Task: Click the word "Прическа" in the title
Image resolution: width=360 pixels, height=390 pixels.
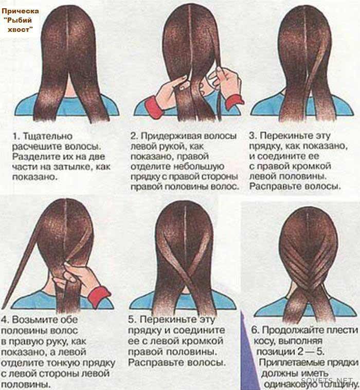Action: click(x=20, y=11)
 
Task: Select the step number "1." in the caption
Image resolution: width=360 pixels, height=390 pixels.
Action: click(x=16, y=136)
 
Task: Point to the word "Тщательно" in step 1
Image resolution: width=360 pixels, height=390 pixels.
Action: click(x=47, y=136)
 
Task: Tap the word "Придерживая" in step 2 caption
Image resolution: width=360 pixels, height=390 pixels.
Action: click(x=171, y=136)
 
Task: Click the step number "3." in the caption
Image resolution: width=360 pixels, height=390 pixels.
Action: click(x=253, y=136)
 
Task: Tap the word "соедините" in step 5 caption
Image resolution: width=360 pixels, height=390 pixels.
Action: click(x=199, y=330)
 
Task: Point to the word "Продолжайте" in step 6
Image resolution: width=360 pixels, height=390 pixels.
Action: click(x=290, y=330)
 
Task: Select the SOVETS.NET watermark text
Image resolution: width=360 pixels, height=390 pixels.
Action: click(x=327, y=380)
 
